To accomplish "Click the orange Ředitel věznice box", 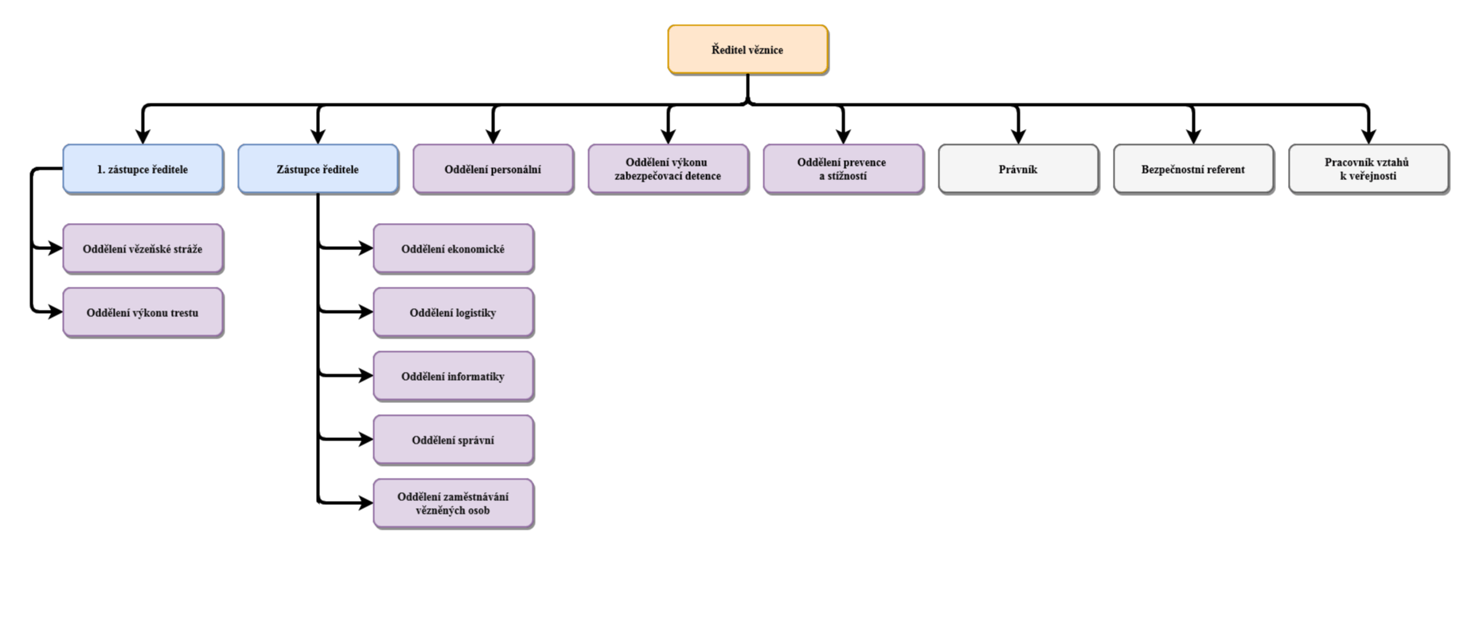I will (747, 49).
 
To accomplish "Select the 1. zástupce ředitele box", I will (142, 169).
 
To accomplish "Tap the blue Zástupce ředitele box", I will (318, 169).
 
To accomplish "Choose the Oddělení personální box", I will (493, 169).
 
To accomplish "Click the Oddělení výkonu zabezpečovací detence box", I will (668, 169).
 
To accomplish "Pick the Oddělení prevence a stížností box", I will (843, 169).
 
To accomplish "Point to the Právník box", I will (1018, 169).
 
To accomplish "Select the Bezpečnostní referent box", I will (1193, 169).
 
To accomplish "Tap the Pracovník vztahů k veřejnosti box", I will (1368, 169).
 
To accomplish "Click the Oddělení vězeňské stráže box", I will (142, 248).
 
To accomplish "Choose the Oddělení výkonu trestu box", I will (142, 312).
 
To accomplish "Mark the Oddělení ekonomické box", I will (453, 248).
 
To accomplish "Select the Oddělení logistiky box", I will (453, 312).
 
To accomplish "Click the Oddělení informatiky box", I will (453, 376).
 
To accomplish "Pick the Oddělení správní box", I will (453, 440).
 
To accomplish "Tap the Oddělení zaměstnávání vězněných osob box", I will (453, 503).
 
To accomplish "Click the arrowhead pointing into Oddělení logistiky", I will (365, 311).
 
